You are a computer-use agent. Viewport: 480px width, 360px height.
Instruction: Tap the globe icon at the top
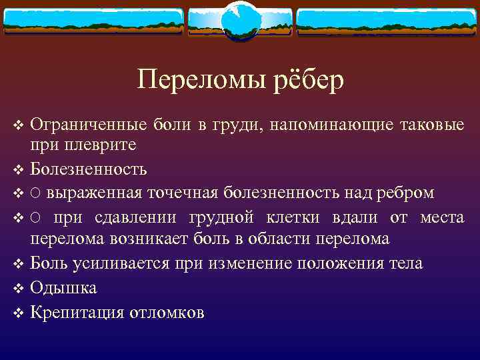(240, 20)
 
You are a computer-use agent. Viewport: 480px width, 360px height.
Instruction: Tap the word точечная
(183, 193)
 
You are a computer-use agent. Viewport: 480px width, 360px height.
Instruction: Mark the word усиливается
(131, 263)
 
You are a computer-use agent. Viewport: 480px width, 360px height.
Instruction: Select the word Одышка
(63, 288)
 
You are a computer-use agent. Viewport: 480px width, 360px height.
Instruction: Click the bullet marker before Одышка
(18, 289)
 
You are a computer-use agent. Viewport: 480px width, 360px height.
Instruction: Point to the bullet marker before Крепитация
(18, 313)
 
